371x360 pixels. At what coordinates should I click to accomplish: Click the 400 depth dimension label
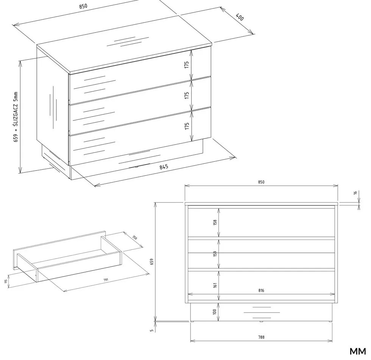coord(240,17)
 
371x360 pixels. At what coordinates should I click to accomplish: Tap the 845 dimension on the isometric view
coord(164,167)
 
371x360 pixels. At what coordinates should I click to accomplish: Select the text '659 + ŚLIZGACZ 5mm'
coord(16,117)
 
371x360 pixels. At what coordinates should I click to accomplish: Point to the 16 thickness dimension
coord(355,193)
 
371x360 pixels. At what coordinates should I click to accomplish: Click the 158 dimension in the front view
coord(215,222)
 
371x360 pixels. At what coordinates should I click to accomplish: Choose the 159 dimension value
coord(215,254)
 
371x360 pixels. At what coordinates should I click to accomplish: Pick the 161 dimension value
coord(215,285)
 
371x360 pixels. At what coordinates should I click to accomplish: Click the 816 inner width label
coord(261,290)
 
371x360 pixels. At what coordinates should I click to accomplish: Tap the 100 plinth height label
coord(215,311)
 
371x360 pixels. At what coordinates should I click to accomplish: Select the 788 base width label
coord(261,337)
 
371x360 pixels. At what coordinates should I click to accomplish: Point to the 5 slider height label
coord(152,330)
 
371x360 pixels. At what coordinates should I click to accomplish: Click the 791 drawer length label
coord(106,280)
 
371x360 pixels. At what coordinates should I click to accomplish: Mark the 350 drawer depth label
coord(134,238)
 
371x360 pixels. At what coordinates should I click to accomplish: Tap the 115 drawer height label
coord(6,281)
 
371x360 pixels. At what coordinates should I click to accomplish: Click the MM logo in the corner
coord(358,352)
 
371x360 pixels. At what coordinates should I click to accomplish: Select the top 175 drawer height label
coord(187,65)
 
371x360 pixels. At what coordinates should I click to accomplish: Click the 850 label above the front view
coord(261,182)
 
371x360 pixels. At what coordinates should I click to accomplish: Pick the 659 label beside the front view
coord(152,261)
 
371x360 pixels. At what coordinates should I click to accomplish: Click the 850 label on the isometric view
coord(83,6)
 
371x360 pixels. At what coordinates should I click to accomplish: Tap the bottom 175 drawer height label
coord(187,126)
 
